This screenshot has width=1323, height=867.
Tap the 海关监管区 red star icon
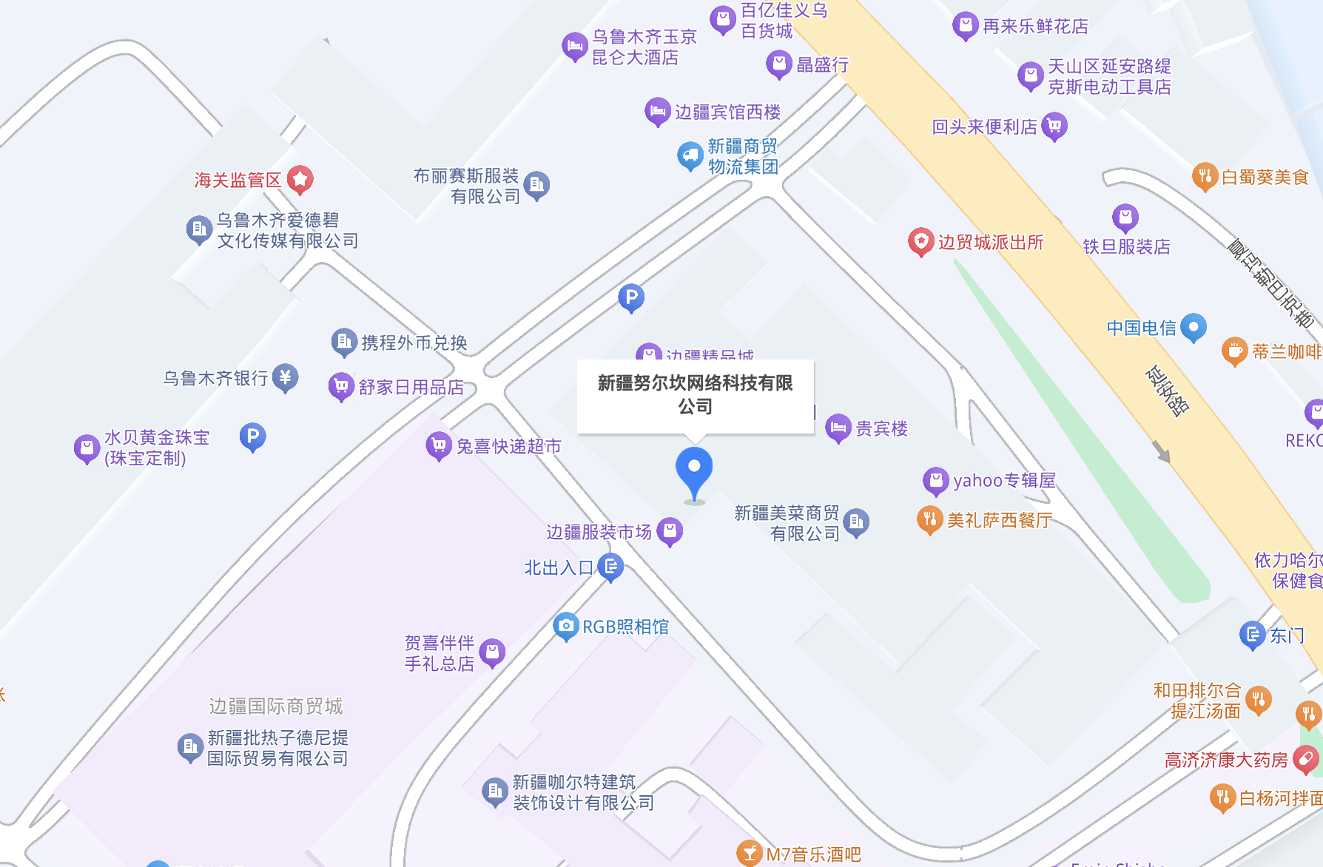300,179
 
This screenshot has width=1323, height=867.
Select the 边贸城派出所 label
990,243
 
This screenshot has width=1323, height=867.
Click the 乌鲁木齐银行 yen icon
285,377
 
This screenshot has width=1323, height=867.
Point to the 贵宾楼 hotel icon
838,428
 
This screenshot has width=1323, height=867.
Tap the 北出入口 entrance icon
610,567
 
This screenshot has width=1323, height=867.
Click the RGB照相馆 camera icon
566,626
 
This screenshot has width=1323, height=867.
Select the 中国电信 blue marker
1194,326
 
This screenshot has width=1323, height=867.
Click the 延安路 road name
1167,391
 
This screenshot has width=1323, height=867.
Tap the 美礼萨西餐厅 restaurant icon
930,519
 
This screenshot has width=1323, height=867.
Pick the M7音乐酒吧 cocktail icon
750,854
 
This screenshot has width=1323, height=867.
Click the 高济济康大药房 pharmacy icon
1306,759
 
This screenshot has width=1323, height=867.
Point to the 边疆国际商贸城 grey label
275,706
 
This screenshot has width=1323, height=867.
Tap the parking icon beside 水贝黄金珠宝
252,436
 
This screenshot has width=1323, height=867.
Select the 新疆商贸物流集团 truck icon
690,155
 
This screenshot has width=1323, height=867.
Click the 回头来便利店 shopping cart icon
1054,126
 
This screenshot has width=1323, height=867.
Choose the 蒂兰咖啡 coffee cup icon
1234,351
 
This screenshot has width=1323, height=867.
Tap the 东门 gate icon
1253,634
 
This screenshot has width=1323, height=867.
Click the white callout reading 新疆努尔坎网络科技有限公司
695,395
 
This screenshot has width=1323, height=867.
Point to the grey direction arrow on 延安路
1162,451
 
